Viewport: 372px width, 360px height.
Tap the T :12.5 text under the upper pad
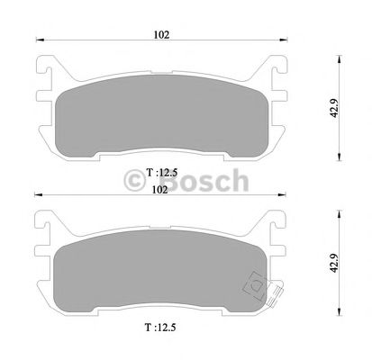(x=159, y=171)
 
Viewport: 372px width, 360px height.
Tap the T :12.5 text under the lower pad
(x=159, y=330)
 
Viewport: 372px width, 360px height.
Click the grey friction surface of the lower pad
(x=153, y=274)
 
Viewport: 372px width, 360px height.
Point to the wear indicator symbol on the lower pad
(x=256, y=287)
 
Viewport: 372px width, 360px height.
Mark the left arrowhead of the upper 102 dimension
(x=38, y=40)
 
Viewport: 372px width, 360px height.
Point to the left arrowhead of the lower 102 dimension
(x=38, y=196)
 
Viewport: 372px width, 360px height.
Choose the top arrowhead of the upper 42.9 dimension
(x=339, y=56)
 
